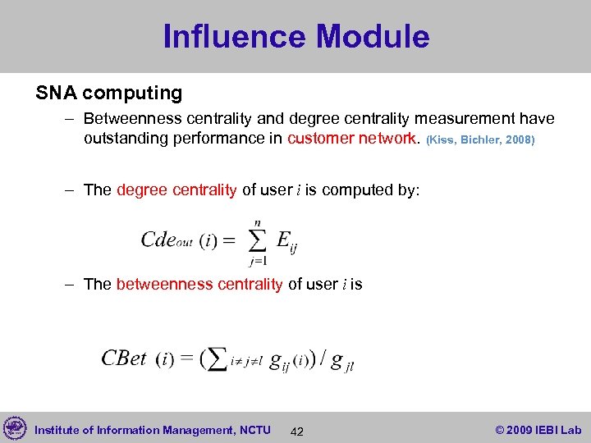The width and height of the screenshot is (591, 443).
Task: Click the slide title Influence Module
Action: pyautogui.click(x=295, y=37)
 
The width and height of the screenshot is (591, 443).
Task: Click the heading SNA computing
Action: pyautogui.click(x=108, y=93)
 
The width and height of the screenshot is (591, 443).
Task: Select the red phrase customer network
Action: pyautogui.click(x=352, y=138)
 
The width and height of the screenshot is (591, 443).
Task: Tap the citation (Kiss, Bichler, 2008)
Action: pyautogui.click(x=480, y=139)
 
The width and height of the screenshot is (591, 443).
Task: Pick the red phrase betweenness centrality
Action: pyautogui.click(x=199, y=284)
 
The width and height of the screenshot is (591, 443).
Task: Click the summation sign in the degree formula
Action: pyautogui.click(x=257, y=240)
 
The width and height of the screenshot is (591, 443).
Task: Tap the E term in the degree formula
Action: pyautogui.click(x=283, y=240)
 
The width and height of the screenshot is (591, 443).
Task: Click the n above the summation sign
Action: pyautogui.click(x=258, y=221)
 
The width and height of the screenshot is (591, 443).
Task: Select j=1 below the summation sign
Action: pyautogui.click(x=257, y=261)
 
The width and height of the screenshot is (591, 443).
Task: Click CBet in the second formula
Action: pyautogui.click(x=124, y=359)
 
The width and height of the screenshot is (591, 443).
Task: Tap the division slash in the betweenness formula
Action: pyautogui.click(x=323, y=359)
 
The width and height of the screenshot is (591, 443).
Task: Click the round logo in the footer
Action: pyautogui.click(x=15, y=429)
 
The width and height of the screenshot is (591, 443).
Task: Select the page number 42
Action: pyautogui.click(x=297, y=432)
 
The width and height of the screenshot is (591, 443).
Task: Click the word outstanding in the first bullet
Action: pyautogui.click(x=126, y=138)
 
